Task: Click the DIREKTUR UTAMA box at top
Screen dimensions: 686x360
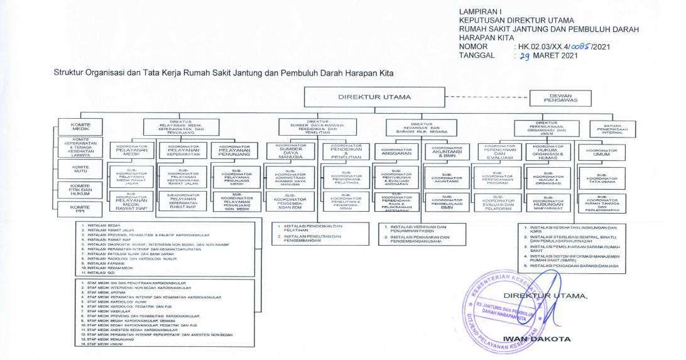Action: pos(374,97)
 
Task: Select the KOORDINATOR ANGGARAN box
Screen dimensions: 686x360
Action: pos(396,151)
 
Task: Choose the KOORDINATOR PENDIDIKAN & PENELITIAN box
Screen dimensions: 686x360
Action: pos(342,153)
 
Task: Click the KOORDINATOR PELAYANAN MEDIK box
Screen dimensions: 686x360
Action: pos(132,151)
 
